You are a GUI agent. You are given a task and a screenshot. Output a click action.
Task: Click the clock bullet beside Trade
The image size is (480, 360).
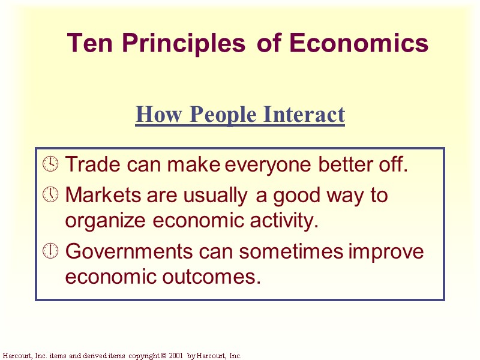tap(52, 164)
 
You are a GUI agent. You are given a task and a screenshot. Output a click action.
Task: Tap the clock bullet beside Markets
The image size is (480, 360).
tap(52, 194)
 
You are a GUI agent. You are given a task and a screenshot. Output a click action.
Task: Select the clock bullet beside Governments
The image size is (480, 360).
tap(52, 251)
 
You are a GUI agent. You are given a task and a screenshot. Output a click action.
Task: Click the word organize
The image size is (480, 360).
tap(106, 221)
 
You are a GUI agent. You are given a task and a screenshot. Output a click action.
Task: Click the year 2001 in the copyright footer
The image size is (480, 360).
tap(175, 356)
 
